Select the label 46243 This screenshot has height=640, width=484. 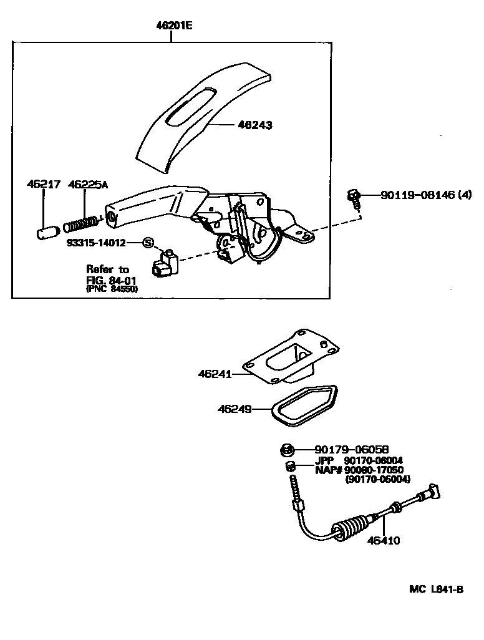coord(255,125)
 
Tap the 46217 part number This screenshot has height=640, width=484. coord(43,185)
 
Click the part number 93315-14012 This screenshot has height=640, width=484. coord(97,241)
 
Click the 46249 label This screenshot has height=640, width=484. coord(235,409)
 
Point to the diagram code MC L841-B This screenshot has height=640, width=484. coord(437,589)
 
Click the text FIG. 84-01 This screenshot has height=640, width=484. coord(110,280)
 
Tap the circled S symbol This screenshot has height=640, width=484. coord(148,242)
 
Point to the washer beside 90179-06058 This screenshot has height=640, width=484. coord(285,449)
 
